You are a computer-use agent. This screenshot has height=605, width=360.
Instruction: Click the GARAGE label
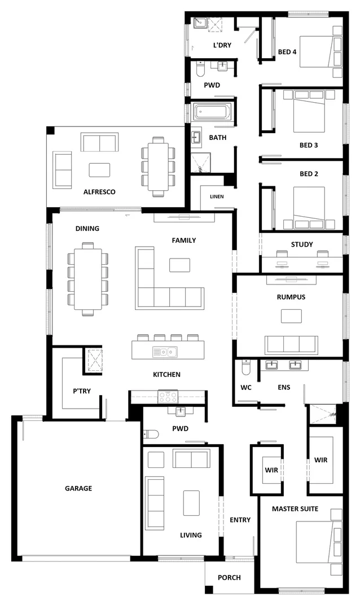point(78,488)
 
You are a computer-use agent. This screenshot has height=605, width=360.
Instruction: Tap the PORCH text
point(229,577)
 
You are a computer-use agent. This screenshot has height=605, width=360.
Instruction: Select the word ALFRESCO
point(99,192)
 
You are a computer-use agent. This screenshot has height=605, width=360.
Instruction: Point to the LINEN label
point(217,196)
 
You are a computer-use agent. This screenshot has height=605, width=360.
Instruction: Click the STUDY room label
point(302,244)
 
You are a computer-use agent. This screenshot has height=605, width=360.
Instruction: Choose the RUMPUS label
point(291,297)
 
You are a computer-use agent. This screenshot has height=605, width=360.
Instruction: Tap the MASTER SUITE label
point(295,508)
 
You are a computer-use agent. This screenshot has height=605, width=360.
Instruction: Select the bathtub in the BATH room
point(214,112)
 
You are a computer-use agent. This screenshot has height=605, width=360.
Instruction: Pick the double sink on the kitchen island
point(164,352)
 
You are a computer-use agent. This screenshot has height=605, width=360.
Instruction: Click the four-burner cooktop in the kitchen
point(168,396)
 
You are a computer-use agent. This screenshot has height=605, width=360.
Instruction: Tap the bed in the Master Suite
point(319,541)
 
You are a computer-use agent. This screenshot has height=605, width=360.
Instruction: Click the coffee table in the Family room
point(179,265)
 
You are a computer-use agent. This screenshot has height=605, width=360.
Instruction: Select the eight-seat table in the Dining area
point(87,278)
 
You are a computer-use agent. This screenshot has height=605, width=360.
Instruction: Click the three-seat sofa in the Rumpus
point(291,344)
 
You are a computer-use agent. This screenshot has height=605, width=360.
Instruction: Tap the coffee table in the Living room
point(191,502)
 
